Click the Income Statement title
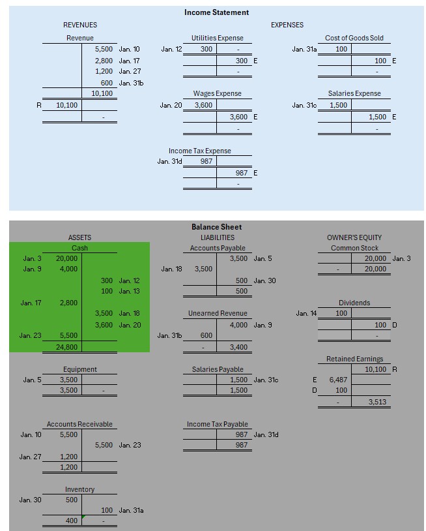(216, 12)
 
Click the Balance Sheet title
(216, 227)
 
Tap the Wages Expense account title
(217, 93)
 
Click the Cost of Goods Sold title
(354, 38)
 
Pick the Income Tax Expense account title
(199, 151)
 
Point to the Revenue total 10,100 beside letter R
(67, 105)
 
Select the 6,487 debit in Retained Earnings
(338, 380)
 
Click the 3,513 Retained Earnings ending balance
(377, 402)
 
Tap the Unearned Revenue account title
(218, 314)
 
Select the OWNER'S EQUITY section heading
(354, 237)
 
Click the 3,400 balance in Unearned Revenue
(239, 346)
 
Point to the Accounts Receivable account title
(79, 424)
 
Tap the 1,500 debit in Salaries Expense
(338, 105)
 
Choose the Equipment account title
(79, 369)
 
